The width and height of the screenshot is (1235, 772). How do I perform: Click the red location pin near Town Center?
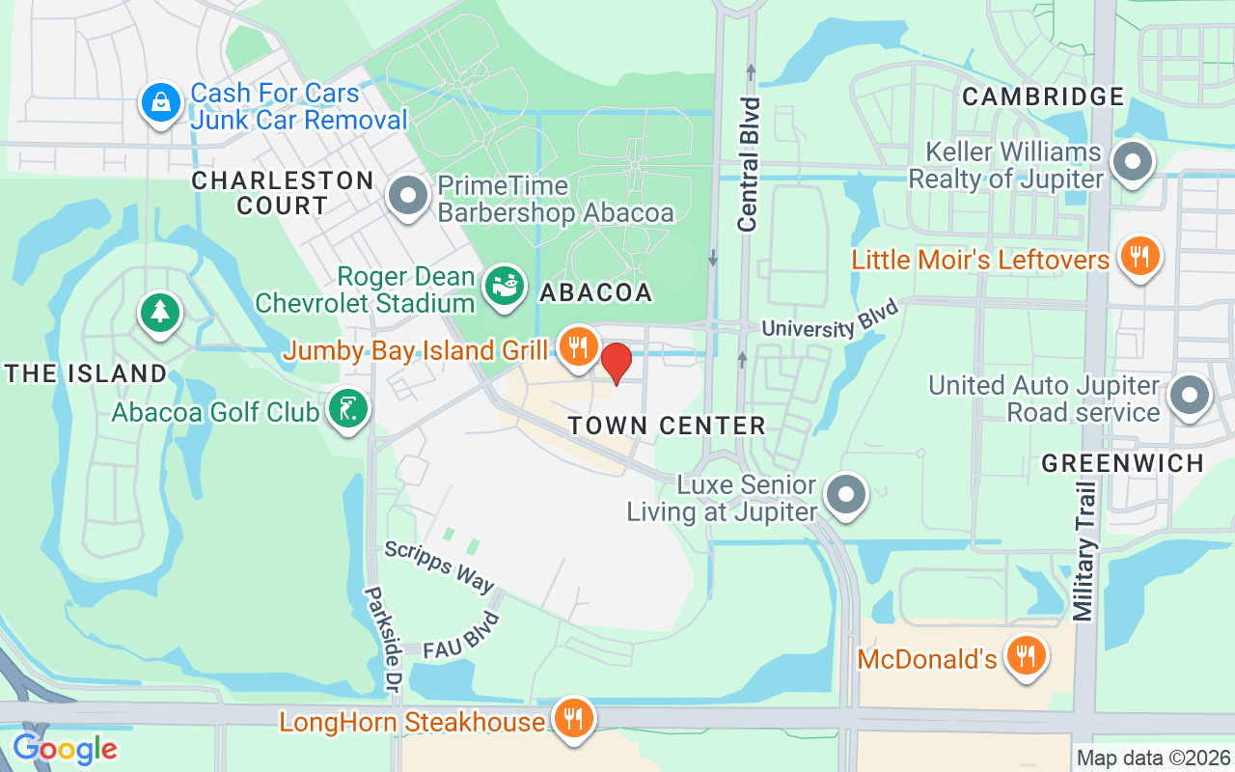click(x=617, y=363)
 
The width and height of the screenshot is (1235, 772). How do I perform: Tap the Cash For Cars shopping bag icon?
click(x=161, y=103)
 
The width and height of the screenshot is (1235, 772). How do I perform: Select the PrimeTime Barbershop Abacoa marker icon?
click(x=408, y=196)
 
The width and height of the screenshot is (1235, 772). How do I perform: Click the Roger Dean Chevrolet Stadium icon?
click(x=504, y=287)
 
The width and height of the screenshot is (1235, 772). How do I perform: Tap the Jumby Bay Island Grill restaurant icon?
click(x=578, y=346)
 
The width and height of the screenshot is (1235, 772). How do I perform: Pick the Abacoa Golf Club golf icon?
click(x=348, y=409)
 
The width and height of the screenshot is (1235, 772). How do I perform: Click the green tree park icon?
click(x=160, y=313)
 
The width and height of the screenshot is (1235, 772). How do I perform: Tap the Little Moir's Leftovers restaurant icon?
click(x=1139, y=257)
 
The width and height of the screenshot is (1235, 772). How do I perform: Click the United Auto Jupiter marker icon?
click(x=1189, y=396)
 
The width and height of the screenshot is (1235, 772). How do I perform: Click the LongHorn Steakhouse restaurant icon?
click(x=574, y=719)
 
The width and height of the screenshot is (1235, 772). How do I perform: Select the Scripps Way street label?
click(x=439, y=566)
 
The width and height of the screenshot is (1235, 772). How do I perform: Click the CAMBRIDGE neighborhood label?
click(x=1043, y=96)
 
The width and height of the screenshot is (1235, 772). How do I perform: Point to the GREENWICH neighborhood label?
click(x=1123, y=463)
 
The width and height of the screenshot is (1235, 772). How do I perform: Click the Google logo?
click(x=65, y=748)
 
